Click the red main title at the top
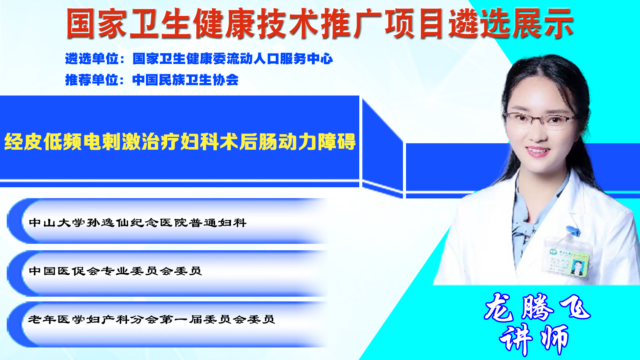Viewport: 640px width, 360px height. point(320,23)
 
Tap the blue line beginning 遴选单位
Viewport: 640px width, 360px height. point(199,59)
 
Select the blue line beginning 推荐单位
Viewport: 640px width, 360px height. point(152,80)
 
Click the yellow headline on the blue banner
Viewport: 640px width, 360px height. point(180,142)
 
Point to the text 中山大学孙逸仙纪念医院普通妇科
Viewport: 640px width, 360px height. point(137,223)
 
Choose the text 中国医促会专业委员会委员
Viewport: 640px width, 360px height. point(115,271)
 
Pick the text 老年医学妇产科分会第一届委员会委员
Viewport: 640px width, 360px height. point(151,319)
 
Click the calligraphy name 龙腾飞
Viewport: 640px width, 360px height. point(537,307)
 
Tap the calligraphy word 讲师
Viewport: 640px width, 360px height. point(534,339)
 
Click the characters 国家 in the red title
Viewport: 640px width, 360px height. point(97,23)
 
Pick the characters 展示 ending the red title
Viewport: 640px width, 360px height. point(543,23)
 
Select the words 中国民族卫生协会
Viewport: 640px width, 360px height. point(185,80)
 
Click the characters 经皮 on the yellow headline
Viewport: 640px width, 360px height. point(23,142)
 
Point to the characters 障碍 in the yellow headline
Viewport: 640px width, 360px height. point(337,142)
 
